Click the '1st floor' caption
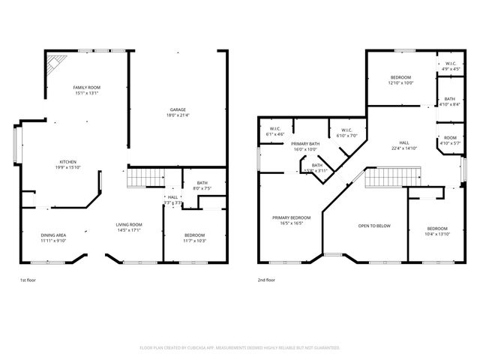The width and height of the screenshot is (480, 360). [x=28, y=280]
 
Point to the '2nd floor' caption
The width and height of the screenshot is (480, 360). [x=266, y=280]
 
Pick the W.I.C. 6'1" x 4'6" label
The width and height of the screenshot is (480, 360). [x=270, y=131]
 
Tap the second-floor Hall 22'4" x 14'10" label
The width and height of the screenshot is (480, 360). [x=403, y=145]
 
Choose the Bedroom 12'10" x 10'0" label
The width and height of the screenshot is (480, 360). [x=400, y=80]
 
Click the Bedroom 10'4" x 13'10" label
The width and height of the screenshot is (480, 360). [x=437, y=231]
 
